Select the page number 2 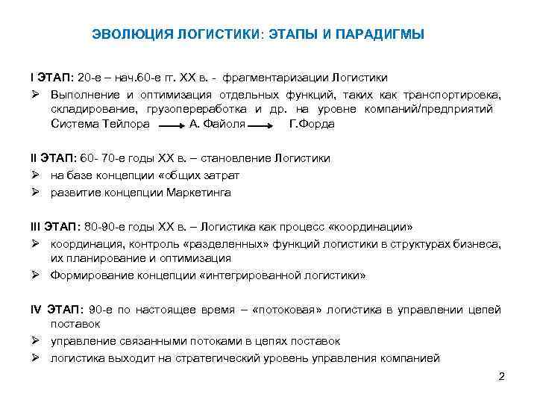(501, 376)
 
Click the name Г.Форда (310, 124)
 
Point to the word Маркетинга (202, 193)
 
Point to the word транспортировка (456, 95)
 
